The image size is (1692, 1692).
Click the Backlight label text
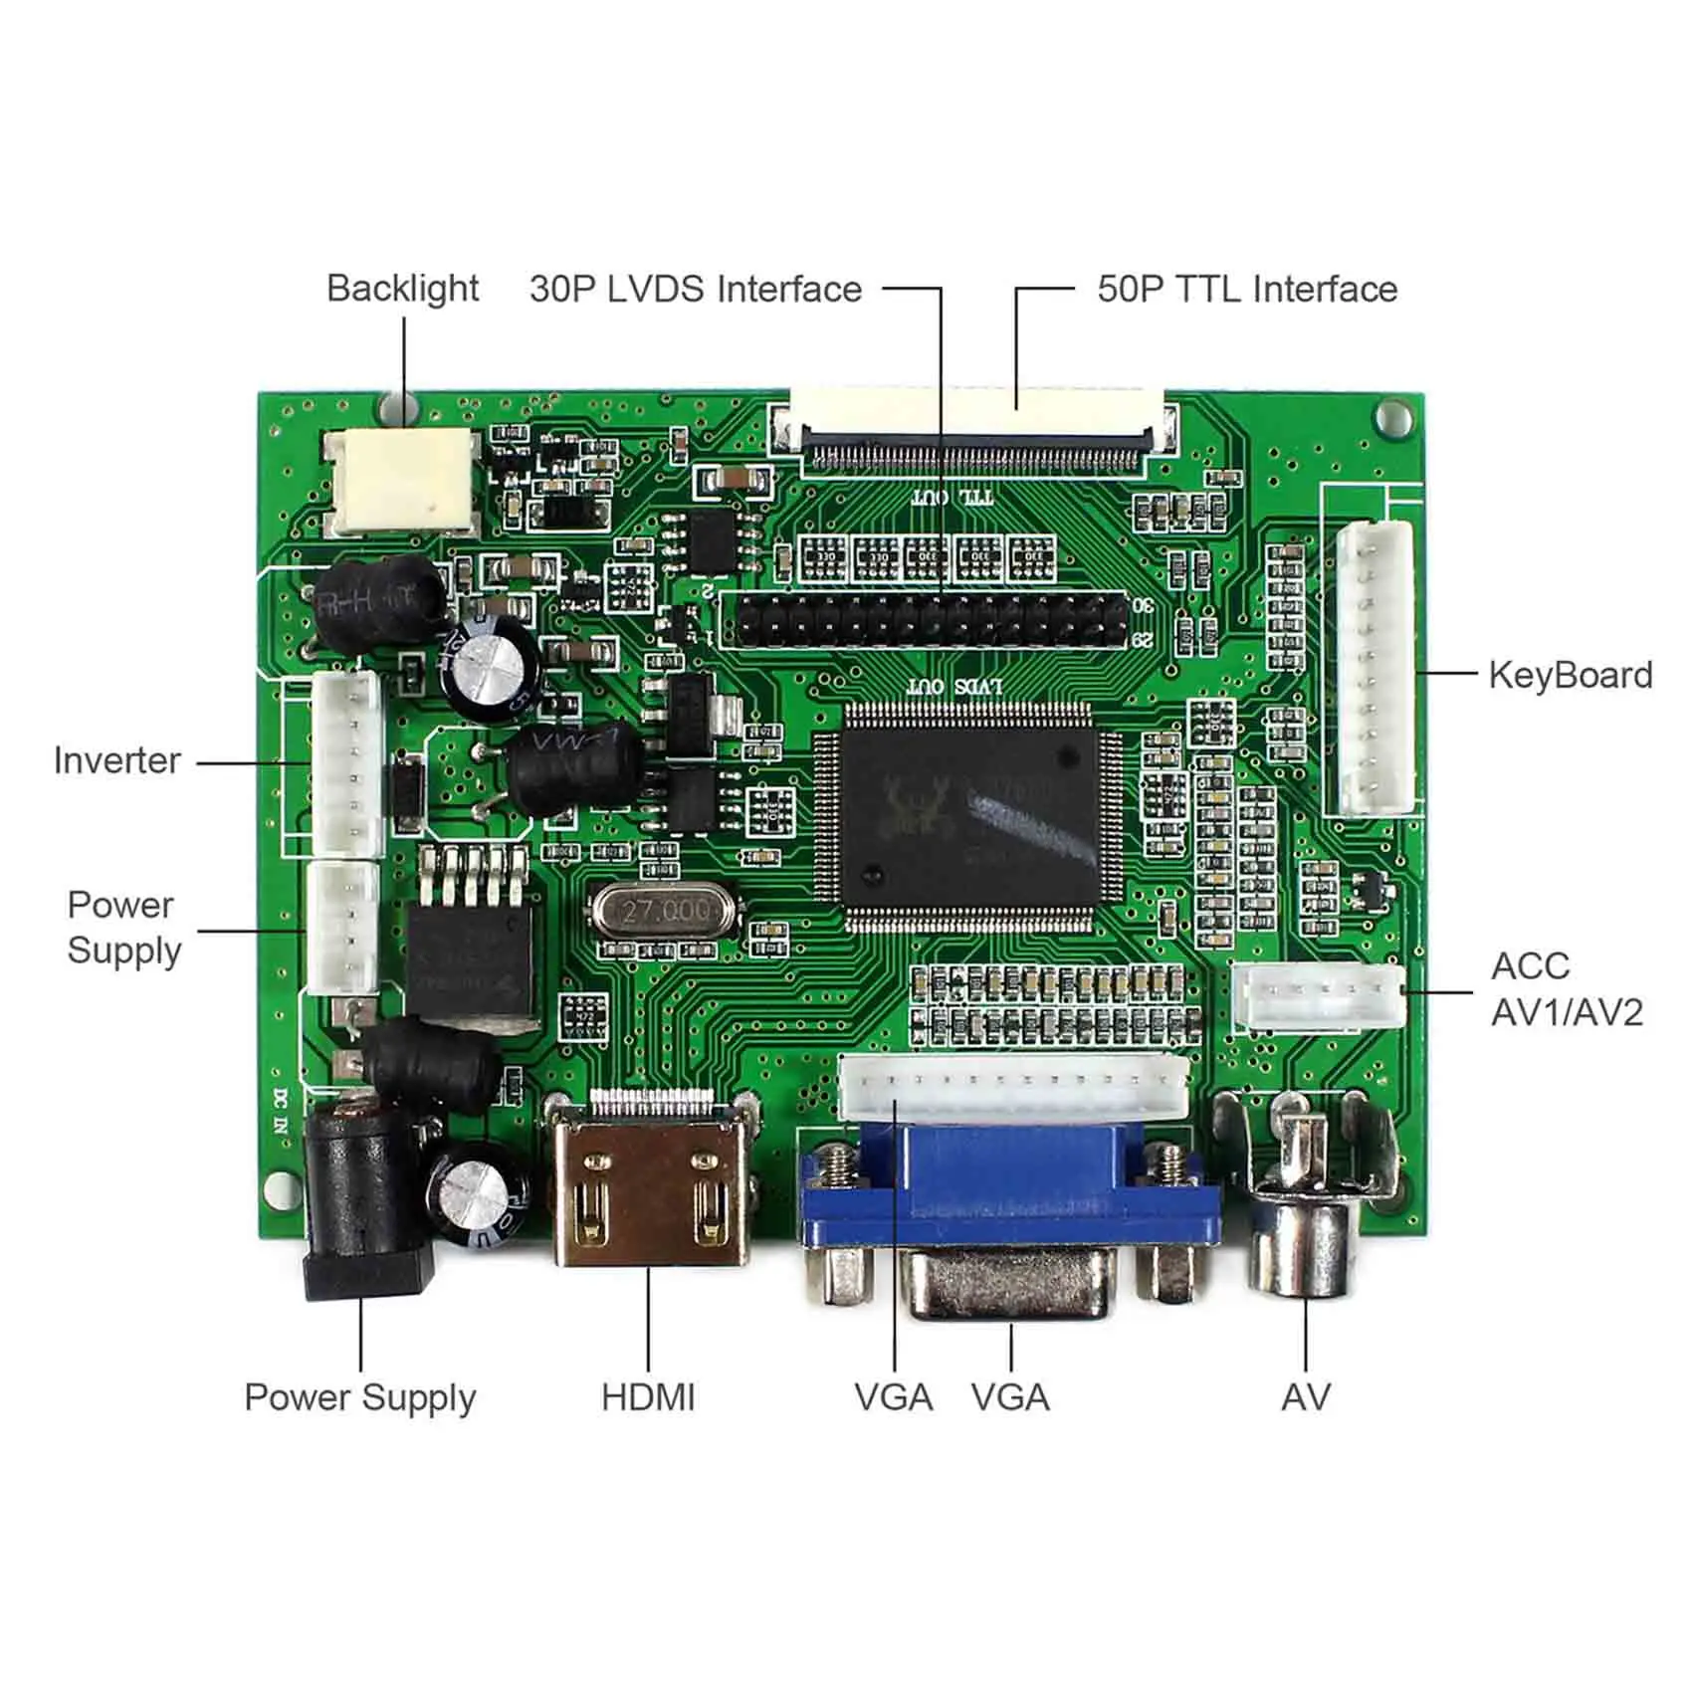click(x=402, y=289)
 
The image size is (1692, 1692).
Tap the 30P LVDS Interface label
click(x=696, y=290)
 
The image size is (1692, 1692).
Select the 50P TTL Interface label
click(x=1246, y=290)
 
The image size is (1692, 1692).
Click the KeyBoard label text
click(x=1570, y=675)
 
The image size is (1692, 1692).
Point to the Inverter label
click(x=117, y=760)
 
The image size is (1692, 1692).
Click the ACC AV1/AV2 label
click(x=1566, y=989)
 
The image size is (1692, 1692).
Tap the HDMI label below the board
click(x=648, y=1396)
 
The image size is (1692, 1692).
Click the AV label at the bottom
click(x=1305, y=1396)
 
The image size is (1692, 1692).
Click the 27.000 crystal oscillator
click(x=665, y=911)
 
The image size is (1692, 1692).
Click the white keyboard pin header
click(x=1375, y=667)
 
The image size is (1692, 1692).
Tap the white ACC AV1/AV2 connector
click(x=1319, y=996)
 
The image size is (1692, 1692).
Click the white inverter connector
click(x=347, y=761)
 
